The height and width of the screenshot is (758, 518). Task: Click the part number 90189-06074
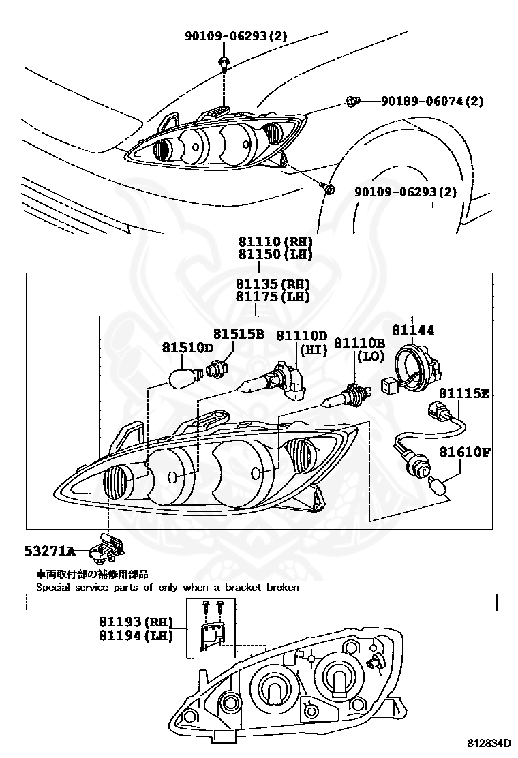[x=431, y=101]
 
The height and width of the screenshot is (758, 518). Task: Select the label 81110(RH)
[x=275, y=242]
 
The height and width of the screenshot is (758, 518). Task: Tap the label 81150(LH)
[x=275, y=255]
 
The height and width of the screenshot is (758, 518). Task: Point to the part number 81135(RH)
[x=273, y=284]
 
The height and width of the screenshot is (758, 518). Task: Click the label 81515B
[x=239, y=334]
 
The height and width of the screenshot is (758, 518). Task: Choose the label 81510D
[x=187, y=348]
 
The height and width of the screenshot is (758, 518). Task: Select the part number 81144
[x=412, y=330]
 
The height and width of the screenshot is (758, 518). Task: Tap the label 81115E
[x=464, y=393]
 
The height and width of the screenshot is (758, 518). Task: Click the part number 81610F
[x=465, y=451]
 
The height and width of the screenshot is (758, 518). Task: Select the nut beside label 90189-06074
[x=352, y=102]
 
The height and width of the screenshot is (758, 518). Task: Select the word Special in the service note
[x=52, y=587]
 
